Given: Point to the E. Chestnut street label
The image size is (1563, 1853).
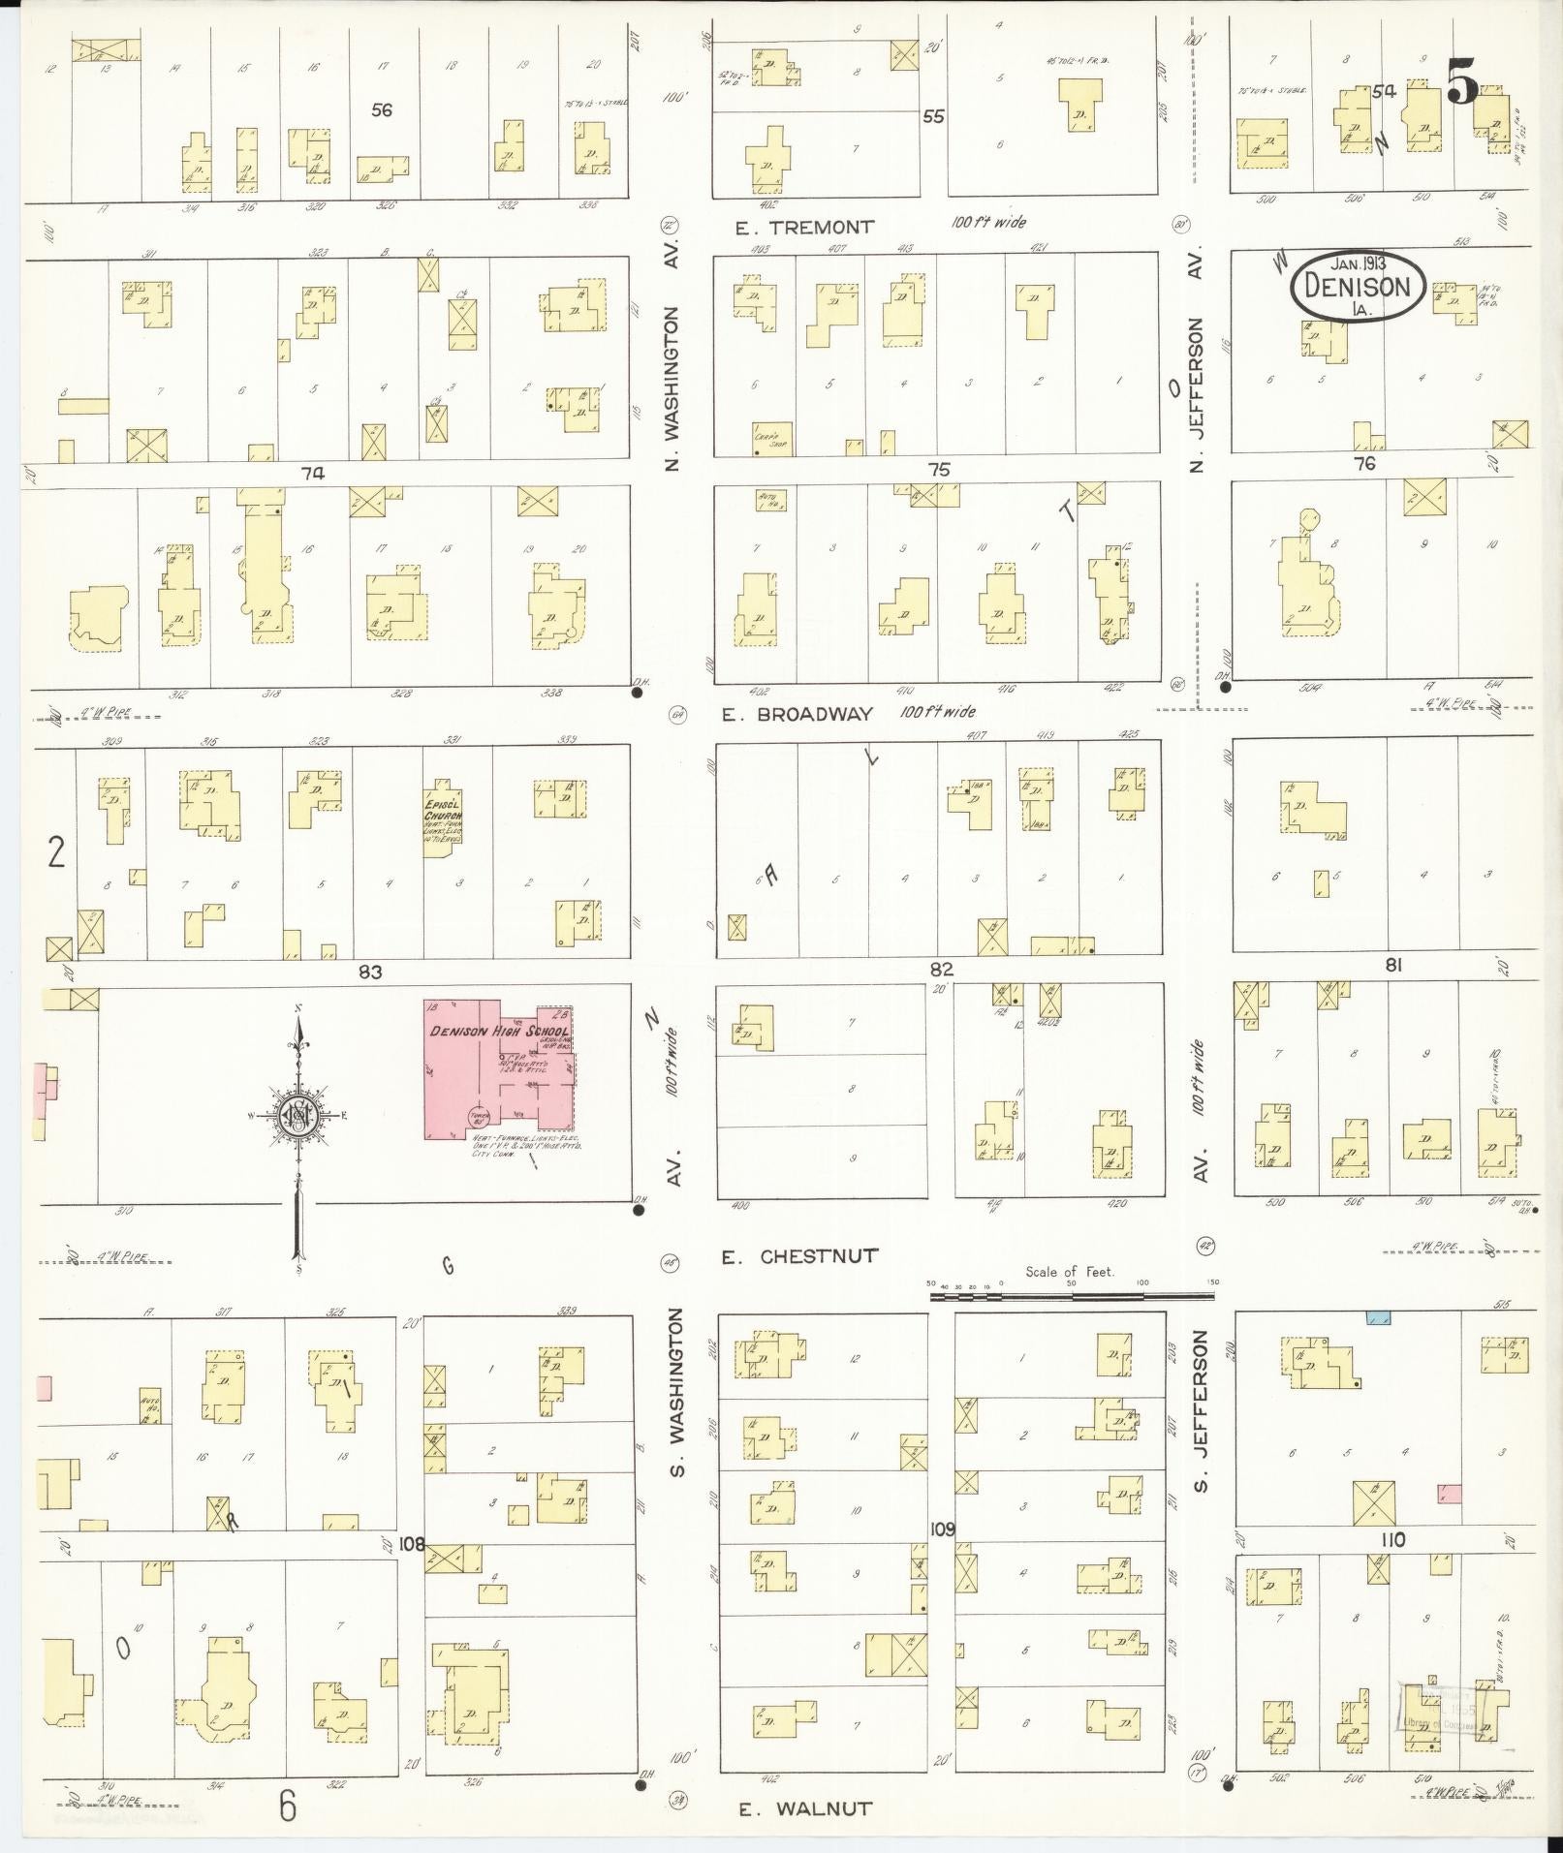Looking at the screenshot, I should coord(800,1256).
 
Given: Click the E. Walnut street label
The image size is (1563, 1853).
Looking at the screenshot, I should coord(805,1807).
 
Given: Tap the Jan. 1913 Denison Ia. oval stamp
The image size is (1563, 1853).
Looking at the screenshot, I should coord(1357,285).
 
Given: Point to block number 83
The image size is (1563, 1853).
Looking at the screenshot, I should coord(371,972).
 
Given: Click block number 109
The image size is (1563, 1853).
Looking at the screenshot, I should coord(942,1529).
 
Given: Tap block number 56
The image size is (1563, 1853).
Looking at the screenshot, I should coord(382,110).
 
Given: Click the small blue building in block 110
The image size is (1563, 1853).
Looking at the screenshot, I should coord(1377,1318).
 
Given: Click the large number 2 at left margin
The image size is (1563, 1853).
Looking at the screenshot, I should coord(56,852).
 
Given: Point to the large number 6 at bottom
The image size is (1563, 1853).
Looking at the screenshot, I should coord(288,1807).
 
